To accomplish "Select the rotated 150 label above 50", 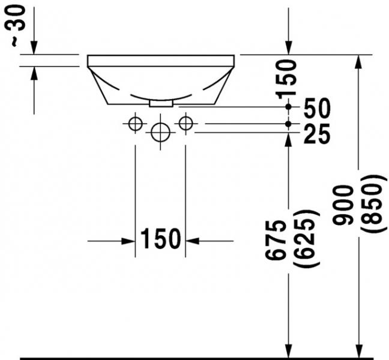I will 288,77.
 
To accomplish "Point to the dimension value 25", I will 317,135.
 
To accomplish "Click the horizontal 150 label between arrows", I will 160,239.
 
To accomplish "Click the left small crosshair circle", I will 135,124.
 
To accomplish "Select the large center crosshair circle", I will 160,131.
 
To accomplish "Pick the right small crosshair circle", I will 185,124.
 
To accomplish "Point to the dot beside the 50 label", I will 289,106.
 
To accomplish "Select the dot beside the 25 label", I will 289,124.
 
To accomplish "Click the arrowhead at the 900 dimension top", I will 360,61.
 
